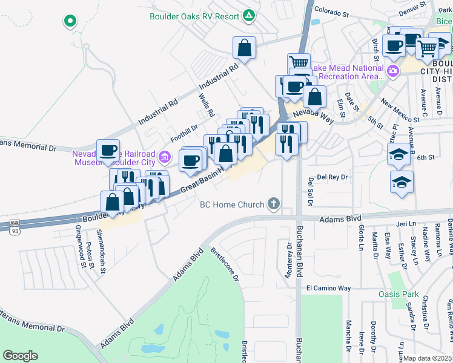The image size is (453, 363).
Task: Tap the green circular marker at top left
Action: [70, 22]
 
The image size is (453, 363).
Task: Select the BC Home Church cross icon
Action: [274, 204]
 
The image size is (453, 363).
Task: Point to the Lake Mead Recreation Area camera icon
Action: [394, 71]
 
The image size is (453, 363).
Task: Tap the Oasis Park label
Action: [404, 295]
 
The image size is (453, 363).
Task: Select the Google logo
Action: [21, 356]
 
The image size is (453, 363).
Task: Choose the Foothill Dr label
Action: [185, 134]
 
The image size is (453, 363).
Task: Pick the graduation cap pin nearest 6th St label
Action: [399, 154]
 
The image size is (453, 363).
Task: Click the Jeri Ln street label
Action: [403, 224]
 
